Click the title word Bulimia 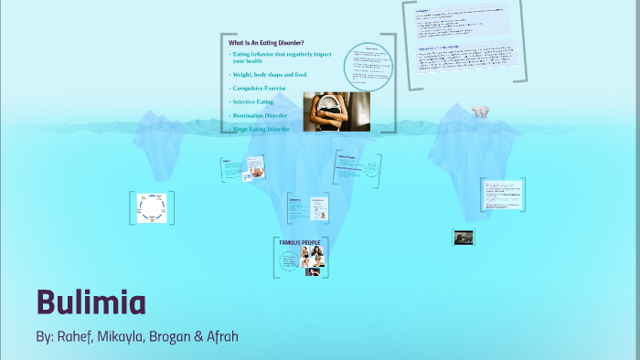pyautogui.click(x=91, y=302)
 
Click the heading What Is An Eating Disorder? pyautogui.click(x=266, y=43)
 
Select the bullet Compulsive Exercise pyautogui.click(x=260, y=88)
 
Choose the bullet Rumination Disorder pyautogui.click(x=261, y=116)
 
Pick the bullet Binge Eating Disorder pyautogui.click(x=261, y=130)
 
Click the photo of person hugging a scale pyautogui.click(x=336, y=111)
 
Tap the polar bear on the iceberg pyautogui.click(x=480, y=111)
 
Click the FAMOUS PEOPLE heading pyautogui.click(x=299, y=242)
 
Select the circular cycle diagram pyautogui.click(x=151, y=208)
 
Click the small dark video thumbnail pyautogui.click(x=464, y=238)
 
